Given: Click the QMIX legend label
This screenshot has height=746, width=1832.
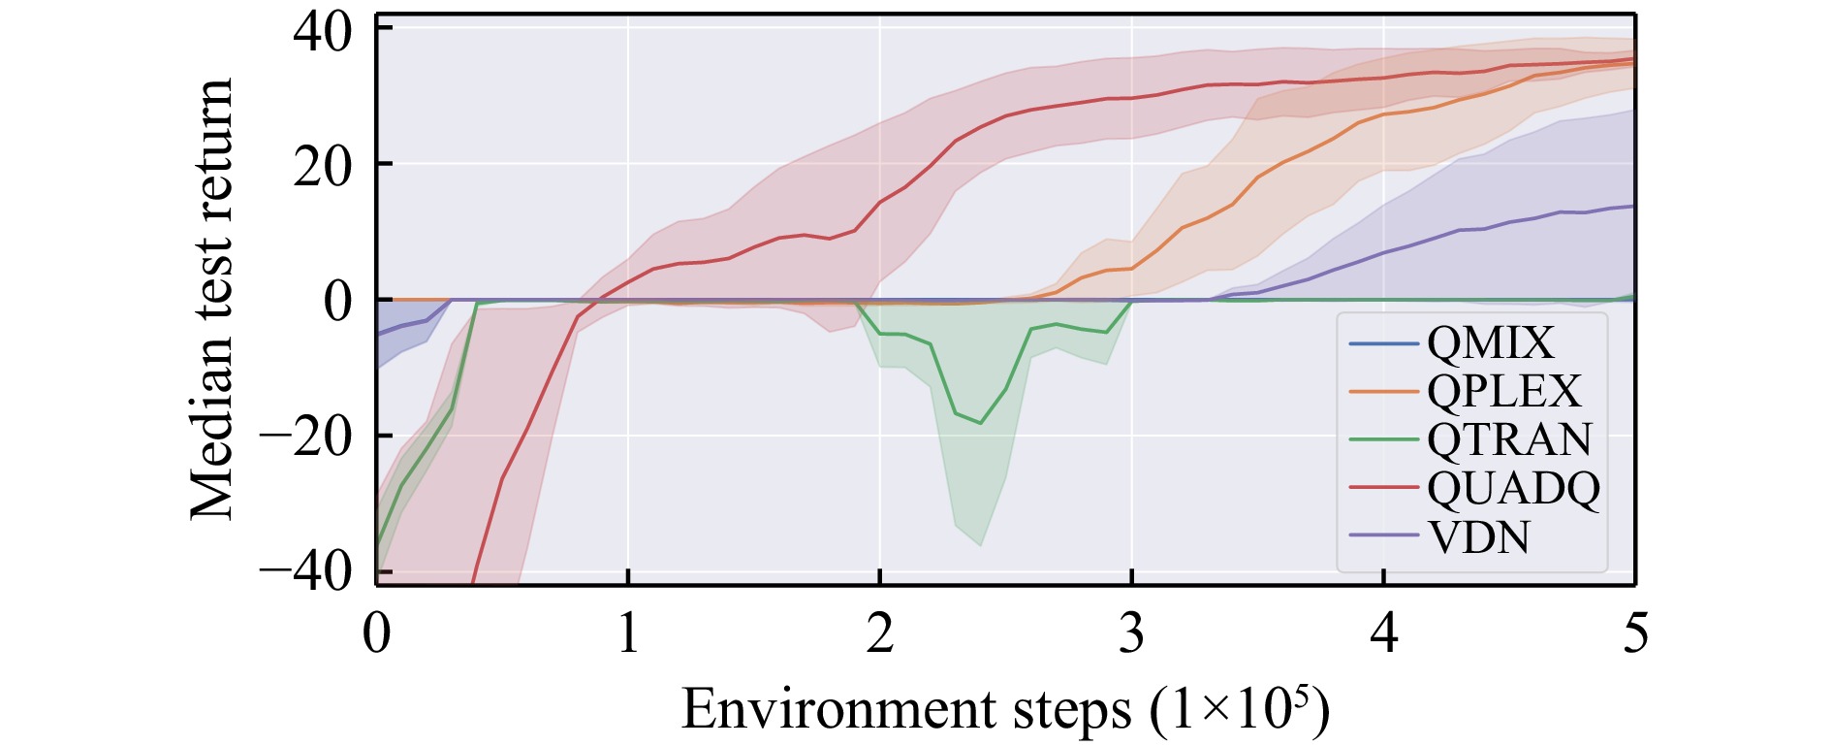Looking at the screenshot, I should click(x=1490, y=343).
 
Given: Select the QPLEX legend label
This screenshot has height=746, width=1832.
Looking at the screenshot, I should click(x=1503, y=392).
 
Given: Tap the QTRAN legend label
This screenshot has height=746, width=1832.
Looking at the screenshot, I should click(x=1509, y=439).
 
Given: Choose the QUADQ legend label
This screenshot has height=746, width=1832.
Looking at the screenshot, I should click(x=1513, y=488).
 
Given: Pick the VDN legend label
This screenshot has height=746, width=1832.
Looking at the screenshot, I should click(x=1479, y=536).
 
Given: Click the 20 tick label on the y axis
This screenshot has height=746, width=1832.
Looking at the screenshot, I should click(x=324, y=166).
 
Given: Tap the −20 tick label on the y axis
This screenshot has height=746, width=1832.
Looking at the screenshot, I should click(x=305, y=437).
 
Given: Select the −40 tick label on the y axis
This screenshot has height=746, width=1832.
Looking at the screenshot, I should click(x=305, y=571).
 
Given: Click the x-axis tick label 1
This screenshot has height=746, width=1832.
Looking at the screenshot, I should click(x=628, y=633).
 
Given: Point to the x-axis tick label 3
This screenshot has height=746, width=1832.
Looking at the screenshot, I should click(x=1131, y=633).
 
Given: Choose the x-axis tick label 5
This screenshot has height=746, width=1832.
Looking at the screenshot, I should click(x=1635, y=633).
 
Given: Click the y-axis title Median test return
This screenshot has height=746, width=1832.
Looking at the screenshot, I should click(x=212, y=299).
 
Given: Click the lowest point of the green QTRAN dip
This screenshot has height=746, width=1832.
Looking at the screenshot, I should click(x=981, y=423).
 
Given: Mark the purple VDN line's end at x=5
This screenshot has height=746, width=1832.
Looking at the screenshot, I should click(x=1634, y=206).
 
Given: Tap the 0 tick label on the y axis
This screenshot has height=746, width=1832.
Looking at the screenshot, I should click(x=338, y=302).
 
